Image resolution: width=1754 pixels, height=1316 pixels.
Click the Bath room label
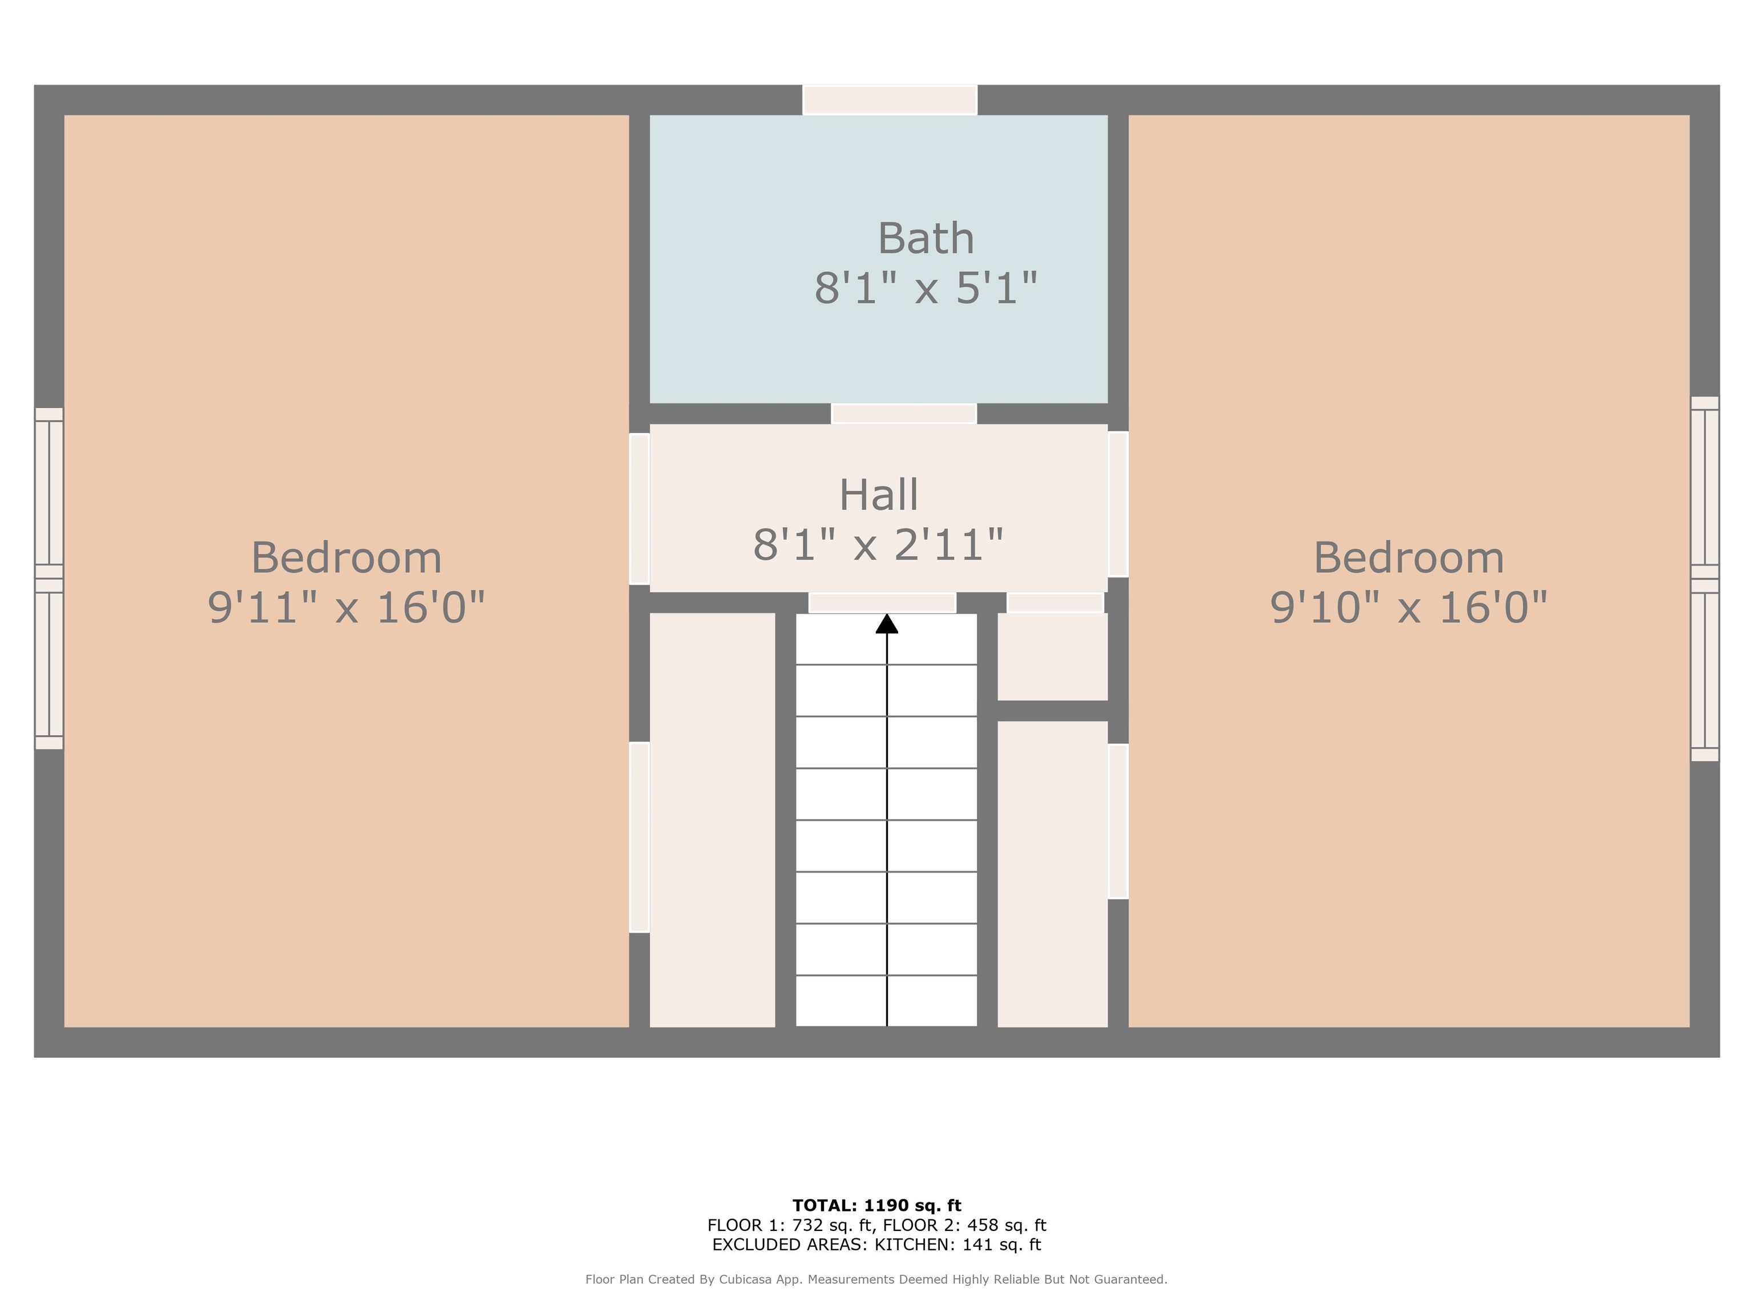pyautogui.click(x=926, y=238)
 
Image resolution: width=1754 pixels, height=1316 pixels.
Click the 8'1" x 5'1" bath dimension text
pyautogui.click(x=926, y=287)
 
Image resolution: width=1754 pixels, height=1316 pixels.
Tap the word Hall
pyautogui.click(x=879, y=495)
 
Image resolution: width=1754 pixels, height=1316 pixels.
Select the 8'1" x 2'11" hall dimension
pyautogui.click(x=879, y=544)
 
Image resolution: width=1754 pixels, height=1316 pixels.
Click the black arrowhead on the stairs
pyautogui.click(x=887, y=624)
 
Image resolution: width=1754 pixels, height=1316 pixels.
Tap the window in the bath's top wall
pyautogui.click(x=890, y=100)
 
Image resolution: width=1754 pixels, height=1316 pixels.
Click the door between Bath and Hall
pyautogui.click(x=903, y=414)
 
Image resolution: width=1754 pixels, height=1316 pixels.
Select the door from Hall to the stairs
pyautogui.click(x=882, y=603)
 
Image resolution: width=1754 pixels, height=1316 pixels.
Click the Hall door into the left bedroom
pyautogui.click(x=639, y=508)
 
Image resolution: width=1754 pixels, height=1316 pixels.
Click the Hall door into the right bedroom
pyautogui.click(x=1118, y=504)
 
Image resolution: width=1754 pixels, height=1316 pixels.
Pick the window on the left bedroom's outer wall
pyautogui.click(x=49, y=578)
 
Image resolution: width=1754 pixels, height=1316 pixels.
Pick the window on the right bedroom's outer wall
pyautogui.click(x=1705, y=578)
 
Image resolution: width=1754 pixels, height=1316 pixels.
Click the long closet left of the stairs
pyautogui.click(x=712, y=820)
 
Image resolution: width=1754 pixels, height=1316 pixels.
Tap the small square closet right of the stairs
pyautogui.click(x=1052, y=657)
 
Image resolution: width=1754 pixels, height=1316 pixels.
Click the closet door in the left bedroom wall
pyautogui.click(x=639, y=837)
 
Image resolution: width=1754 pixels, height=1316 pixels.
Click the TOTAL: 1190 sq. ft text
pyautogui.click(x=876, y=1206)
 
